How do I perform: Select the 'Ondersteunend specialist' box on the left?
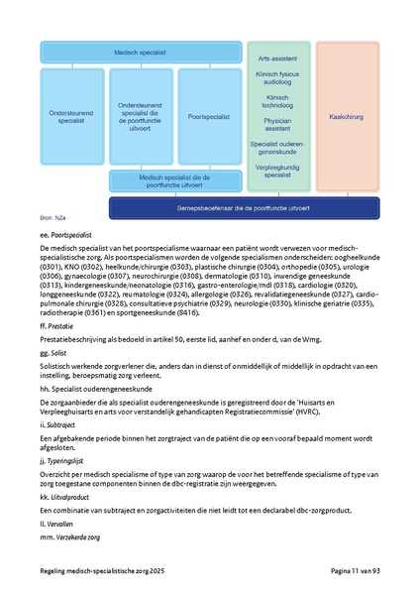point(73,116)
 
